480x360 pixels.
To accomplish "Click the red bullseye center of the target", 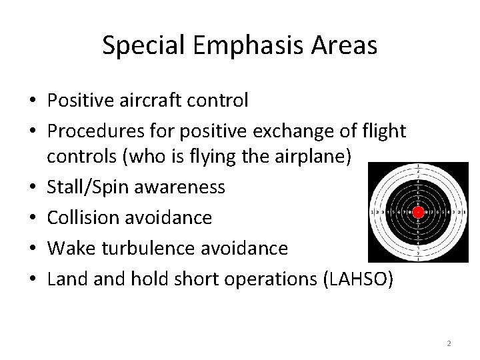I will point(418,213).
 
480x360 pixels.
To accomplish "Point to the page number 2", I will point(449,343).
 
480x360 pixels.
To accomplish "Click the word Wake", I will point(67,249).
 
